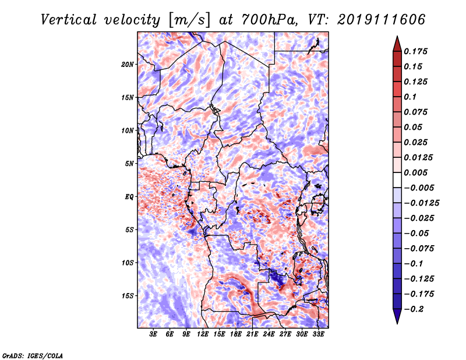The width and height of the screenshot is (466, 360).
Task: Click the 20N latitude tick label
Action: pos(127,65)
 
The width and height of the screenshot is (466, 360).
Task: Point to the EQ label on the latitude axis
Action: pos(129,197)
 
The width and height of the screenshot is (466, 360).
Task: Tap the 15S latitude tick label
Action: pos(127,296)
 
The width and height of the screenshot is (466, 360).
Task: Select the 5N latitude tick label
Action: pos(129,164)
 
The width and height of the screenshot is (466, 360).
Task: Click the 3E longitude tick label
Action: pos(153,334)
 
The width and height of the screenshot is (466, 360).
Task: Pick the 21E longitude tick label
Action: pos(252,334)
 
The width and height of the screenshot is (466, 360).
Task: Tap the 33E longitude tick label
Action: pos(318,334)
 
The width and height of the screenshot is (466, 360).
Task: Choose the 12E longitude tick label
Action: pos(202,334)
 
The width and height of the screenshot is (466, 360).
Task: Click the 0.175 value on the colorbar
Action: pos(415,51)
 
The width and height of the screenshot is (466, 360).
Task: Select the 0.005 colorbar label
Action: pos(415,172)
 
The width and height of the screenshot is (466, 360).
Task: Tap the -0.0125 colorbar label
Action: pos(421,203)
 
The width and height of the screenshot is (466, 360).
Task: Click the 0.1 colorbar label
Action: pos(410,97)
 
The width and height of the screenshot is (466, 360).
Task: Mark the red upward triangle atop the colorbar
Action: pos(397,44)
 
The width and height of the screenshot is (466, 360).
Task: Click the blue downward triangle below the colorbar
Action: pos(397,316)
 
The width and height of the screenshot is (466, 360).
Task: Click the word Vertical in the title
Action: pos(69,20)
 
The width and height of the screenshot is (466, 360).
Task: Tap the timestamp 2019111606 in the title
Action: pos(382,20)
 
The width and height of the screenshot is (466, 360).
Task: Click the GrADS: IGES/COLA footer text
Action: pos(33,355)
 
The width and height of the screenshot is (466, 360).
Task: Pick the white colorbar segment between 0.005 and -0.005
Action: pos(397,180)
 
